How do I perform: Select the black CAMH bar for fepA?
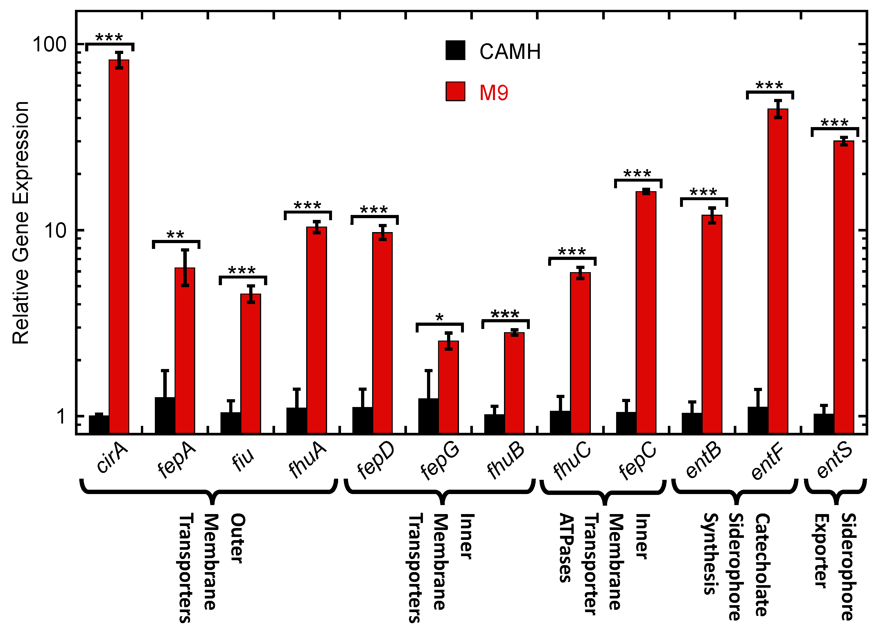click(165, 415)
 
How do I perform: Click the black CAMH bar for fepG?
click(428, 415)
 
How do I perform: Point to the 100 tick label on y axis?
click(50, 44)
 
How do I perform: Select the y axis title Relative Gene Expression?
click(21, 223)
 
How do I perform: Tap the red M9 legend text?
click(493, 93)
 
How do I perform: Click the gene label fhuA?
click(307, 460)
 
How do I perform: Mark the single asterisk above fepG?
click(439, 317)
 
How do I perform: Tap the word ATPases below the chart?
click(566, 548)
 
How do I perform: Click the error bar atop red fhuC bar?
click(580, 273)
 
